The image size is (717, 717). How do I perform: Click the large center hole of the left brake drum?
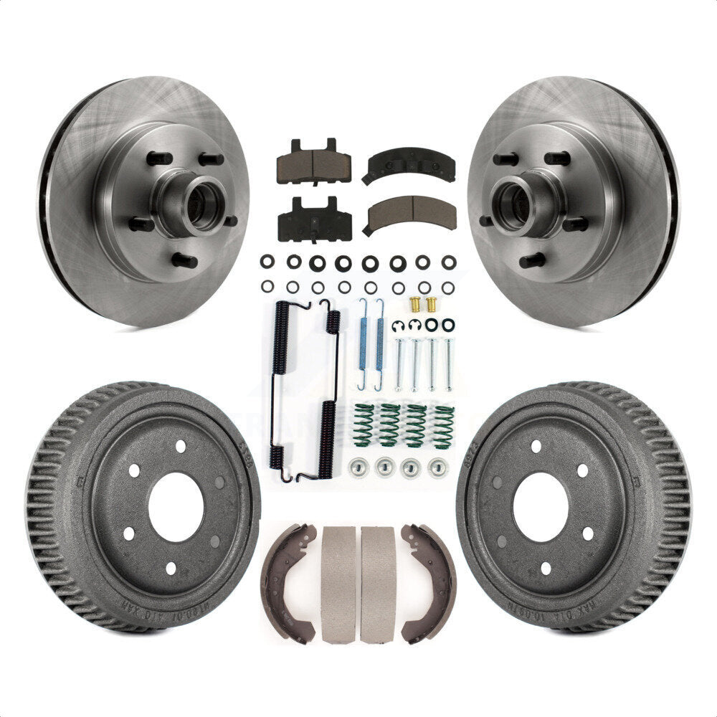[176, 506]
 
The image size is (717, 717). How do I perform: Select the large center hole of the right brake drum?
[541, 506]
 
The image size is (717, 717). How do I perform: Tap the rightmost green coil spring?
[444, 427]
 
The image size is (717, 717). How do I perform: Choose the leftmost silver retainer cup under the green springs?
[356, 467]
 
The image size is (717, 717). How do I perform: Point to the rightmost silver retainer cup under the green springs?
[437, 467]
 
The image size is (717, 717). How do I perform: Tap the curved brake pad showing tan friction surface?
[410, 212]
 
